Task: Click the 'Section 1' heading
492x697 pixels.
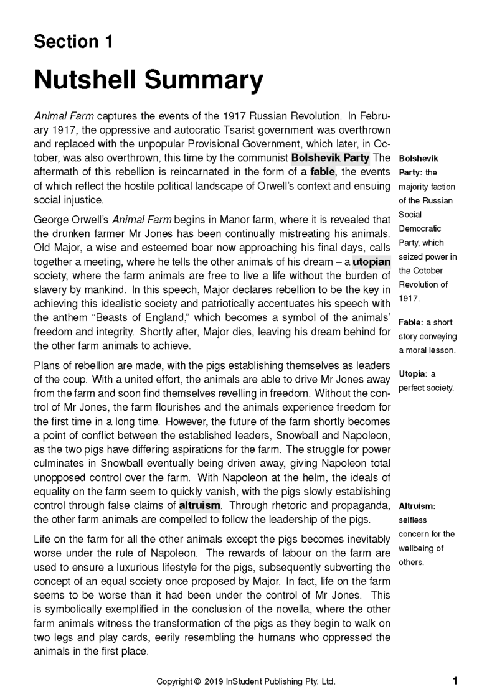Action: (73, 42)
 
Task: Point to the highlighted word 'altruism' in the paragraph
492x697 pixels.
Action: (199, 505)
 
